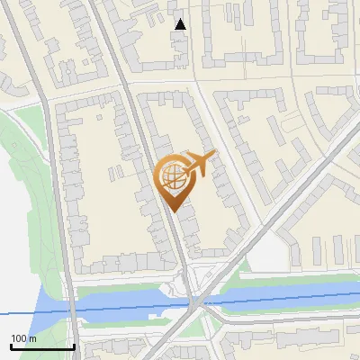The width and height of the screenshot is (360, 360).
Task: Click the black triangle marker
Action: pyautogui.click(x=181, y=24)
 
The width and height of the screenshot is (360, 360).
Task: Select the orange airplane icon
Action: pyautogui.click(x=201, y=162)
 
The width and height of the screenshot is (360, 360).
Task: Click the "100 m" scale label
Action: pyautogui.click(x=24, y=338)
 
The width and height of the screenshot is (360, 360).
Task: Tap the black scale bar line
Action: pyautogui.click(x=42, y=346)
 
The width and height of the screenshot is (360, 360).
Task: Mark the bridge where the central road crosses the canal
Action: pyautogui.click(x=193, y=303)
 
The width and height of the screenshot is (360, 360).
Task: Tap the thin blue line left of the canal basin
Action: pyautogui.click(x=13, y=313)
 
